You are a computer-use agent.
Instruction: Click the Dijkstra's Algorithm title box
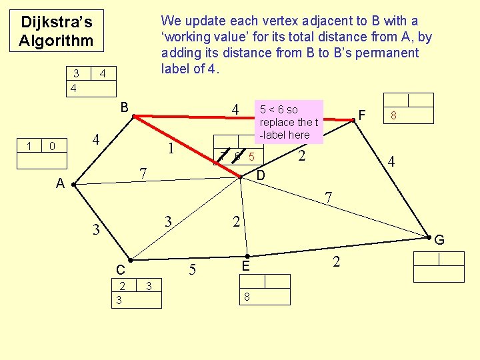pyautogui.click(x=55, y=31)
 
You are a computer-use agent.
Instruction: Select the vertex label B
pyautogui.click(x=124, y=107)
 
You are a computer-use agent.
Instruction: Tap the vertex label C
pyautogui.click(x=120, y=270)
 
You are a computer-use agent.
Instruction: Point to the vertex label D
pyautogui.click(x=261, y=175)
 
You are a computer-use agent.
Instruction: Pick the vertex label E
pyautogui.click(x=245, y=266)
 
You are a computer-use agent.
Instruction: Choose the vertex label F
pyautogui.click(x=362, y=115)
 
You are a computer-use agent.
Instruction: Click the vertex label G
pyautogui.click(x=439, y=240)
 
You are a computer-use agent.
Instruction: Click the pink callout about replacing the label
pyautogui.click(x=289, y=122)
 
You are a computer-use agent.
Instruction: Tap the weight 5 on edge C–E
pyautogui.click(x=192, y=271)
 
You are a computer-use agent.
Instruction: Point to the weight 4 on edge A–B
pyautogui.click(x=96, y=140)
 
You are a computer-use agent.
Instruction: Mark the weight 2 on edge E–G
pyautogui.click(x=336, y=261)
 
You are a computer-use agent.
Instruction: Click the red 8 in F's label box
pyautogui.click(x=394, y=115)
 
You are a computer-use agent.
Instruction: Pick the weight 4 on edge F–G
pyautogui.click(x=392, y=161)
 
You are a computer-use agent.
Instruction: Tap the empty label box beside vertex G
pyautogui.click(x=439, y=267)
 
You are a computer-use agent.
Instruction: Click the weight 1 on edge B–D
pyautogui.click(x=171, y=148)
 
